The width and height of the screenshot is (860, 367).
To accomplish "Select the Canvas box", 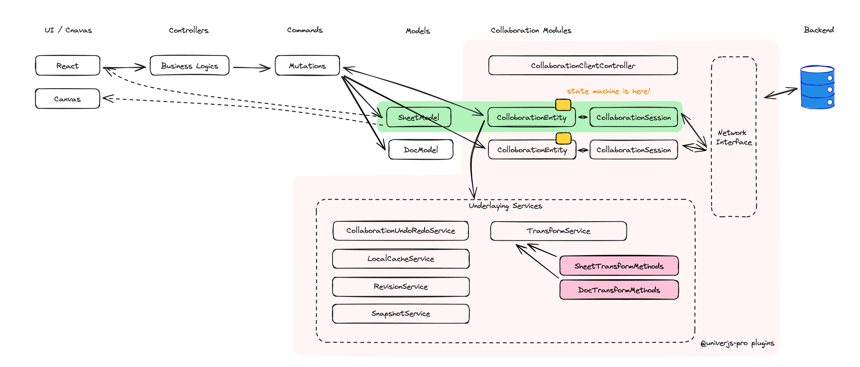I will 67,99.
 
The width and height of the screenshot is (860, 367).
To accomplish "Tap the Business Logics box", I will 189,66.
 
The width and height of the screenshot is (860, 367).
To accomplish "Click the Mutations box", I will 307,66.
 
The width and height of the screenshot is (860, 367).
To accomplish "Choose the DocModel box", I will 421,150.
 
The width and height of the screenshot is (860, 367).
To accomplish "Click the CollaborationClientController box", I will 583,65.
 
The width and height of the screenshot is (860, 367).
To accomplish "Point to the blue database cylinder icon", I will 817,87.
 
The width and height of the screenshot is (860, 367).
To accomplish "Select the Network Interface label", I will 733,137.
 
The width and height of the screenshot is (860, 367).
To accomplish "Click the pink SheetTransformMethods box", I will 619,266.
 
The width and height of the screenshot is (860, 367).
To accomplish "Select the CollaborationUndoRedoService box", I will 401,230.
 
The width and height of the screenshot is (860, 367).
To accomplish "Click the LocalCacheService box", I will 401,258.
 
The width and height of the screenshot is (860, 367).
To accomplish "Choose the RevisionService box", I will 401,287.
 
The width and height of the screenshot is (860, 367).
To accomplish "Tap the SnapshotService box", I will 401,314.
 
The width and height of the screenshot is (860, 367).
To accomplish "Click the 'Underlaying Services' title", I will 505,206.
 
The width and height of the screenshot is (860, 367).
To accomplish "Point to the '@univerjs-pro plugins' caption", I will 737,343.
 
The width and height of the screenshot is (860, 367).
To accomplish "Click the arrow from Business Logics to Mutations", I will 251,68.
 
